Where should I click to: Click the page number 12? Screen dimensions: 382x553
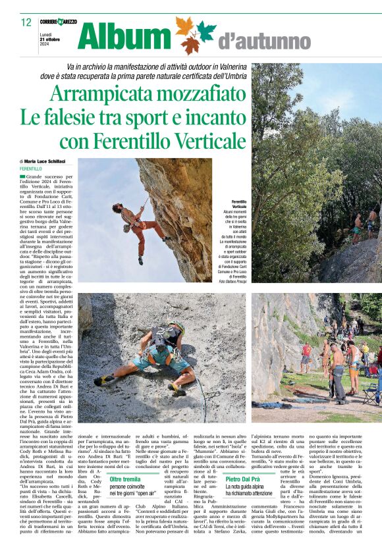point(26,22)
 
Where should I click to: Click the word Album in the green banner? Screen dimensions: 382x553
point(123,37)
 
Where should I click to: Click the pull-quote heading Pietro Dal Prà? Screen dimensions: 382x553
point(248,479)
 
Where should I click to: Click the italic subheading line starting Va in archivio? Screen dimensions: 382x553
point(191,68)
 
